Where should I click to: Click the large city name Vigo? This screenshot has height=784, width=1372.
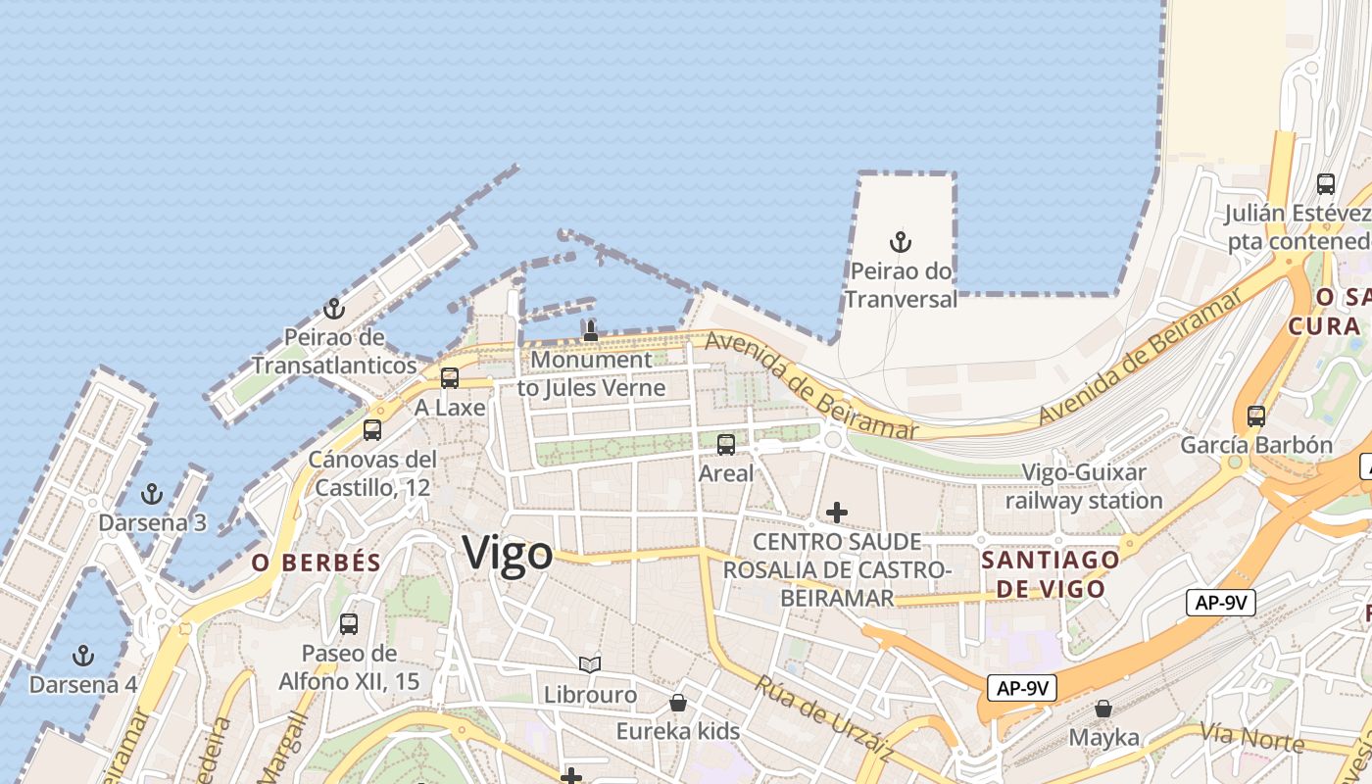[x=508, y=554]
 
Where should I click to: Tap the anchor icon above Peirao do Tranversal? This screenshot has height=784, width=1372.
[x=901, y=241]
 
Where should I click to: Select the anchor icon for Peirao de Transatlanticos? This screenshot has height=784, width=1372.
[x=334, y=309]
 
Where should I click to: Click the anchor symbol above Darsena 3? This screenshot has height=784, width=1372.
[x=152, y=493]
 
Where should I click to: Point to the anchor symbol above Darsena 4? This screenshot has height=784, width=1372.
[x=84, y=655]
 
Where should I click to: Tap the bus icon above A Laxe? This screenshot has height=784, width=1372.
[x=450, y=377]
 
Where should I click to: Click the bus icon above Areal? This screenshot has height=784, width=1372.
[x=726, y=445]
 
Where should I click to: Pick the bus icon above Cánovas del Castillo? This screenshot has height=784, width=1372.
[x=372, y=429]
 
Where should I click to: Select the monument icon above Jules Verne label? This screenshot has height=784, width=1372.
[x=590, y=330]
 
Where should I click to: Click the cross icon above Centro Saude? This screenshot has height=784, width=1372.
[x=836, y=512]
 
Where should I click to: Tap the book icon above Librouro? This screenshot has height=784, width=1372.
[x=590, y=665]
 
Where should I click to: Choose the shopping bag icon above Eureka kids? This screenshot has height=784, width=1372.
[x=677, y=703]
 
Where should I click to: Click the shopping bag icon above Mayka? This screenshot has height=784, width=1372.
[x=1103, y=708]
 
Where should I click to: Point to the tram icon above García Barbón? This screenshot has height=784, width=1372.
[x=1256, y=416]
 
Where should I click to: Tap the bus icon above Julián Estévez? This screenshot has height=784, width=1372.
[x=1326, y=183]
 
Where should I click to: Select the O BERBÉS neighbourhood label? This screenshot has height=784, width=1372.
[x=316, y=563]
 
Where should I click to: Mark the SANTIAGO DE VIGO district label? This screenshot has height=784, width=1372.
[x=1051, y=574]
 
